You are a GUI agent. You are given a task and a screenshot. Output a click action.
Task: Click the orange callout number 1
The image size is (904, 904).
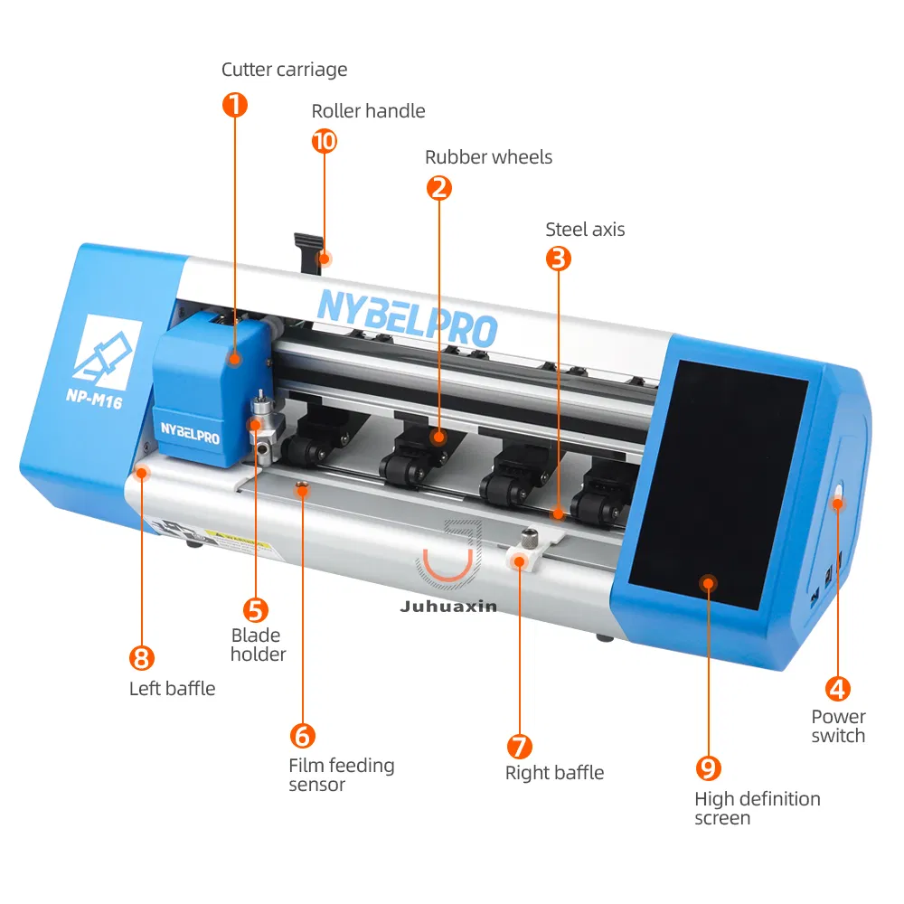point(234,105)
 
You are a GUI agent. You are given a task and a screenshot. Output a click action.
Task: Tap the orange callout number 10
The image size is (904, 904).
point(324,141)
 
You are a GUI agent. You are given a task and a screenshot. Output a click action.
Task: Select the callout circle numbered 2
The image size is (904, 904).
point(438,187)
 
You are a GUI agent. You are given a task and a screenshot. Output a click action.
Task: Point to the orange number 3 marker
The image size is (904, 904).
point(559,259)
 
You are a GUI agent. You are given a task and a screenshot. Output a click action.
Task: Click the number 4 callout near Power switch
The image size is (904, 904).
point(838,689)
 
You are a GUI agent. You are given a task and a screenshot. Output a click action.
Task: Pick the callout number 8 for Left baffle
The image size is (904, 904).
point(143,657)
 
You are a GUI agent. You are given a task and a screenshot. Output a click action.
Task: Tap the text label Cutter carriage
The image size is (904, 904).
point(284,70)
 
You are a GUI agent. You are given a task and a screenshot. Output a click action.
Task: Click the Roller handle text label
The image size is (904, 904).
point(368,111)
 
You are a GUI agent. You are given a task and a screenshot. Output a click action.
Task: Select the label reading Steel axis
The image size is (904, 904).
point(585,230)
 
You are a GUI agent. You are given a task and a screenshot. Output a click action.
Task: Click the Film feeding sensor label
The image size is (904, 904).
point(341,775)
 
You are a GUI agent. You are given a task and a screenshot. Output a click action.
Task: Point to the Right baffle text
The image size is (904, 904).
point(554,773)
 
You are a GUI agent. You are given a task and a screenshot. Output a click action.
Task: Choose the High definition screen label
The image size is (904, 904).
point(757,808)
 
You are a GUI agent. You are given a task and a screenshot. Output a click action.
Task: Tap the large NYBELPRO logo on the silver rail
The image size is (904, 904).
point(407,315)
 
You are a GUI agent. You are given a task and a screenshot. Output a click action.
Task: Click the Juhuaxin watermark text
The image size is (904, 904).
point(448,607)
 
